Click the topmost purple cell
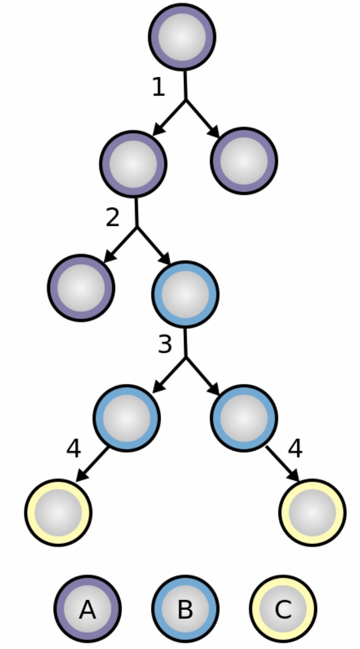click(182, 37)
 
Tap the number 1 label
click(159, 88)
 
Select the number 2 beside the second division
click(112, 218)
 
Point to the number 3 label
click(165, 345)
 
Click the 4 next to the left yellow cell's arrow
click(73, 449)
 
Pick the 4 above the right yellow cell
click(295, 449)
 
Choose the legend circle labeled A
click(88, 609)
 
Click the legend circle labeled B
click(185, 609)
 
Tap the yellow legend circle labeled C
click(283, 609)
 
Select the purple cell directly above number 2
click(133, 164)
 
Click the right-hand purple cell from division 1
click(244, 161)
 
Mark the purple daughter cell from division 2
click(81, 288)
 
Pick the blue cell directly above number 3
click(185, 294)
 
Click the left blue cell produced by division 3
click(126, 418)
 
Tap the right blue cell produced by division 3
click(244, 418)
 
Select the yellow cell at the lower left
click(58, 512)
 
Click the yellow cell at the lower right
click(313, 512)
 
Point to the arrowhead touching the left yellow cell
click(82, 475)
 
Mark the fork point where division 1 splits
click(185, 100)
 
